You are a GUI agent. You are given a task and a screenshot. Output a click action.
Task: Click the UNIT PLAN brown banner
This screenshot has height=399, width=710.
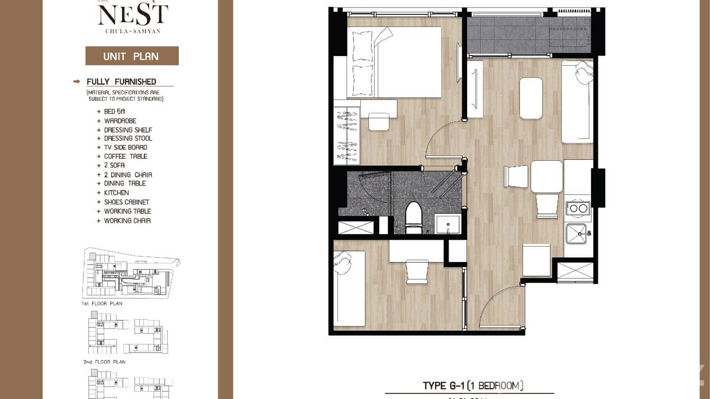click(x=132, y=56)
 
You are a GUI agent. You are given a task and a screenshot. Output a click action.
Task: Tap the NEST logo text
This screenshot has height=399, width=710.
click(x=133, y=15)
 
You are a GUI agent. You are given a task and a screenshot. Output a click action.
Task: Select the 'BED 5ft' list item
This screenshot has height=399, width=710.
click(x=114, y=112)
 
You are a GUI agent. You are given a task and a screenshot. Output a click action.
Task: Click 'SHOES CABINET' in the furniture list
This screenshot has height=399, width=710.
click(x=126, y=202)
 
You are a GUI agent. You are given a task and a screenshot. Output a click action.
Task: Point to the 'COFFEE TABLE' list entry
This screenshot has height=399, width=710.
click(x=125, y=157)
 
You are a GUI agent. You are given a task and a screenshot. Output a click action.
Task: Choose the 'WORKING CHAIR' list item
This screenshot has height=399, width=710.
click(x=127, y=221)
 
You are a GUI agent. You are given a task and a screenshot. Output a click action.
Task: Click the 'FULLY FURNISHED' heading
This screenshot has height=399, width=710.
click(x=122, y=81)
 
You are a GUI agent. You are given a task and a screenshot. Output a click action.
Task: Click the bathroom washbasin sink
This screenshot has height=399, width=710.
click(x=447, y=224)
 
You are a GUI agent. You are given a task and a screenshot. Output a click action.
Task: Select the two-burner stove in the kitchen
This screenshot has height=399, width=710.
click(x=577, y=208)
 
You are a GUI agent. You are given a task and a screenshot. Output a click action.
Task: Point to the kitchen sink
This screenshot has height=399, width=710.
click(x=576, y=233)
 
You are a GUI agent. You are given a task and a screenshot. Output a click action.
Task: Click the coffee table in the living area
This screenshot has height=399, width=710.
click(x=531, y=98)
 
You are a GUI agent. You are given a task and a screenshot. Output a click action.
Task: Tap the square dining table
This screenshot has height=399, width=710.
click(x=547, y=177)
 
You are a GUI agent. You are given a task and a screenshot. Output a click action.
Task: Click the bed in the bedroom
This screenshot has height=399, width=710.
click(x=394, y=62)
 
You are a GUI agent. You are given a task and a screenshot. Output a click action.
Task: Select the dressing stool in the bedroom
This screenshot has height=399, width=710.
click(x=379, y=121)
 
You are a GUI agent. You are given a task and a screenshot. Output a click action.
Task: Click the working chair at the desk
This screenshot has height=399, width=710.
click(x=417, y=271)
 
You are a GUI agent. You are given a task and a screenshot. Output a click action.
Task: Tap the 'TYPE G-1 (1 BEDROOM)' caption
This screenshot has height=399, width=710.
click(x=473, y=386)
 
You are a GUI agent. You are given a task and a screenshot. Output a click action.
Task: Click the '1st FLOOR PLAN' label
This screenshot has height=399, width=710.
click(x=102, y=304)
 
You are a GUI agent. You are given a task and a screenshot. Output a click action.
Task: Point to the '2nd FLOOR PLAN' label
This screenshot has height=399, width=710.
click(x=104, y=362)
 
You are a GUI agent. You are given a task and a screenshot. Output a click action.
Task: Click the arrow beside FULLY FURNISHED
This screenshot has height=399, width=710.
click(x=77, y=81)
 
